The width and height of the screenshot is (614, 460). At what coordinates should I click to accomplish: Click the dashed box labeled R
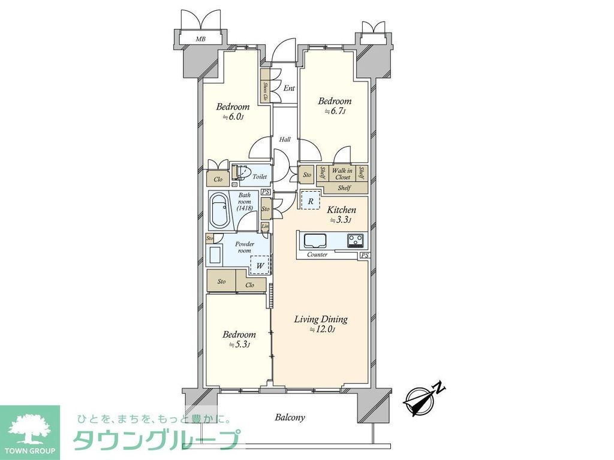(x=311, y=201)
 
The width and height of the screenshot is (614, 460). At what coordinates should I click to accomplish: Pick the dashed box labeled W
(x=260, y=264)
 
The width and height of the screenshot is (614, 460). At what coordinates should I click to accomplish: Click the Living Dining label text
(x=320, y=319)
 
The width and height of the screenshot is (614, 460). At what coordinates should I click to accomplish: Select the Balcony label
(x=290, y=417)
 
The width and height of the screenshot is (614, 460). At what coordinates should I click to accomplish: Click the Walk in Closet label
(x=342, y=174)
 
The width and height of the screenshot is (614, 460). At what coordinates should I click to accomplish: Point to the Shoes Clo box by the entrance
(x=266, y=89)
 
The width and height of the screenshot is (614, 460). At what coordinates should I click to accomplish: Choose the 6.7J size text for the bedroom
(x=334, y=111)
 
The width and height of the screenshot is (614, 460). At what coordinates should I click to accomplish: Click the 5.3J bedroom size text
(x=239, y=345)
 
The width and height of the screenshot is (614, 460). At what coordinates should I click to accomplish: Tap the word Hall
(x=285, y=140)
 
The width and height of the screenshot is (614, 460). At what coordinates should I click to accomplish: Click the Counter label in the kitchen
(x=317, y=255)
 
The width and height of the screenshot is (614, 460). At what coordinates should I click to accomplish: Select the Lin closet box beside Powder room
(x=265, y=226)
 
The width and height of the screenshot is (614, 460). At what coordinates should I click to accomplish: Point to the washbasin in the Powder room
(x=214, y=256)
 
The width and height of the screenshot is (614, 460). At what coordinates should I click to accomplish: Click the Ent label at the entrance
(x=289, y=89)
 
